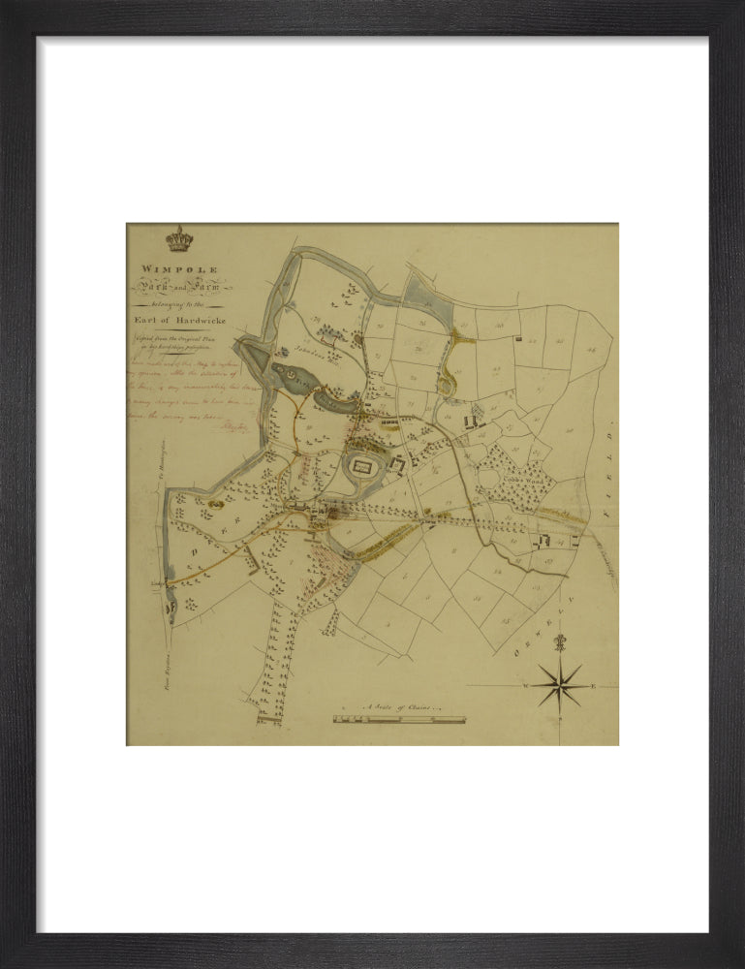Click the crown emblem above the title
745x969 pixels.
click(179, 238)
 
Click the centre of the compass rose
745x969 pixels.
click(559, 685)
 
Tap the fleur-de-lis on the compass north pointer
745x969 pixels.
click(559, 643)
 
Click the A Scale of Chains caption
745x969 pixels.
click(400, 708)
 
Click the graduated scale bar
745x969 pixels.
click(399, 720)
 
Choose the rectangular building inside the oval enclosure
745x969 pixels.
click(362, 468)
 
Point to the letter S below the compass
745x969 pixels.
click(559, 719)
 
